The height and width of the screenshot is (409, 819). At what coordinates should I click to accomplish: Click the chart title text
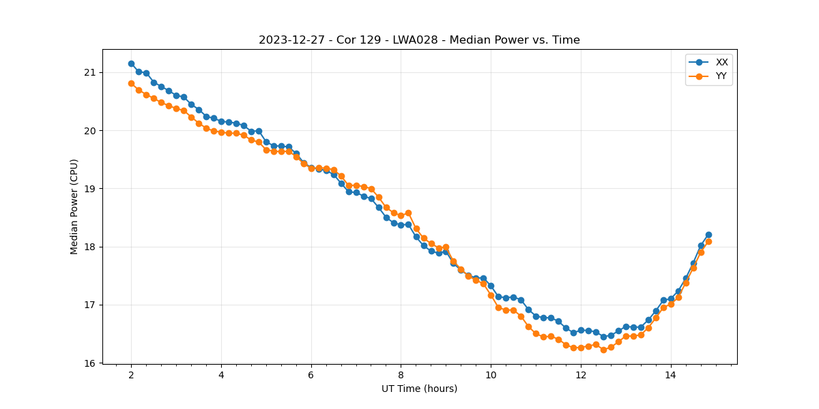[x=419, y=40]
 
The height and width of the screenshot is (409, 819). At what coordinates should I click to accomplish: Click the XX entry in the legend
[x=721, y=62]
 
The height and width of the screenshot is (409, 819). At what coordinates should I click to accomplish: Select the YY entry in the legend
[x=721, y=76]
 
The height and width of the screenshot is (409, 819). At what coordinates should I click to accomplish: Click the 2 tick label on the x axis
[x=131, y=375]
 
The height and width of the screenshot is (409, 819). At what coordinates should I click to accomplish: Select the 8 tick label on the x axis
[x=401, y=375]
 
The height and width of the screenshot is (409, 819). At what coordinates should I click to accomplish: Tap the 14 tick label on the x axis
[x=670, y=375]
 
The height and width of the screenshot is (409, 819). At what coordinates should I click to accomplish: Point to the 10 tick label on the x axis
[x=491, y=375]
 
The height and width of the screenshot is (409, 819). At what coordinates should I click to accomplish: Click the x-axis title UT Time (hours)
[x=419, y=389]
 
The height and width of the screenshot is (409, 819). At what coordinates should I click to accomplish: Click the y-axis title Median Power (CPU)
[x=74, y=207]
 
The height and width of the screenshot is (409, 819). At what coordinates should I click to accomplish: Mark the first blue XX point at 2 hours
[x=131, y=63]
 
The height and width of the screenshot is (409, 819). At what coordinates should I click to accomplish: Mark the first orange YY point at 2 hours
[x=131, y=83]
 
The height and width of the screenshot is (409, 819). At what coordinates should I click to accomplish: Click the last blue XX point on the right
[x=708, y=234]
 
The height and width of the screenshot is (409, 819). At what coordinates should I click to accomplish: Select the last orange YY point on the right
[x=708, y=241]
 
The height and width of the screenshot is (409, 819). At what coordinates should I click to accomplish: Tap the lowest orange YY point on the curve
[x=603, y=350]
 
